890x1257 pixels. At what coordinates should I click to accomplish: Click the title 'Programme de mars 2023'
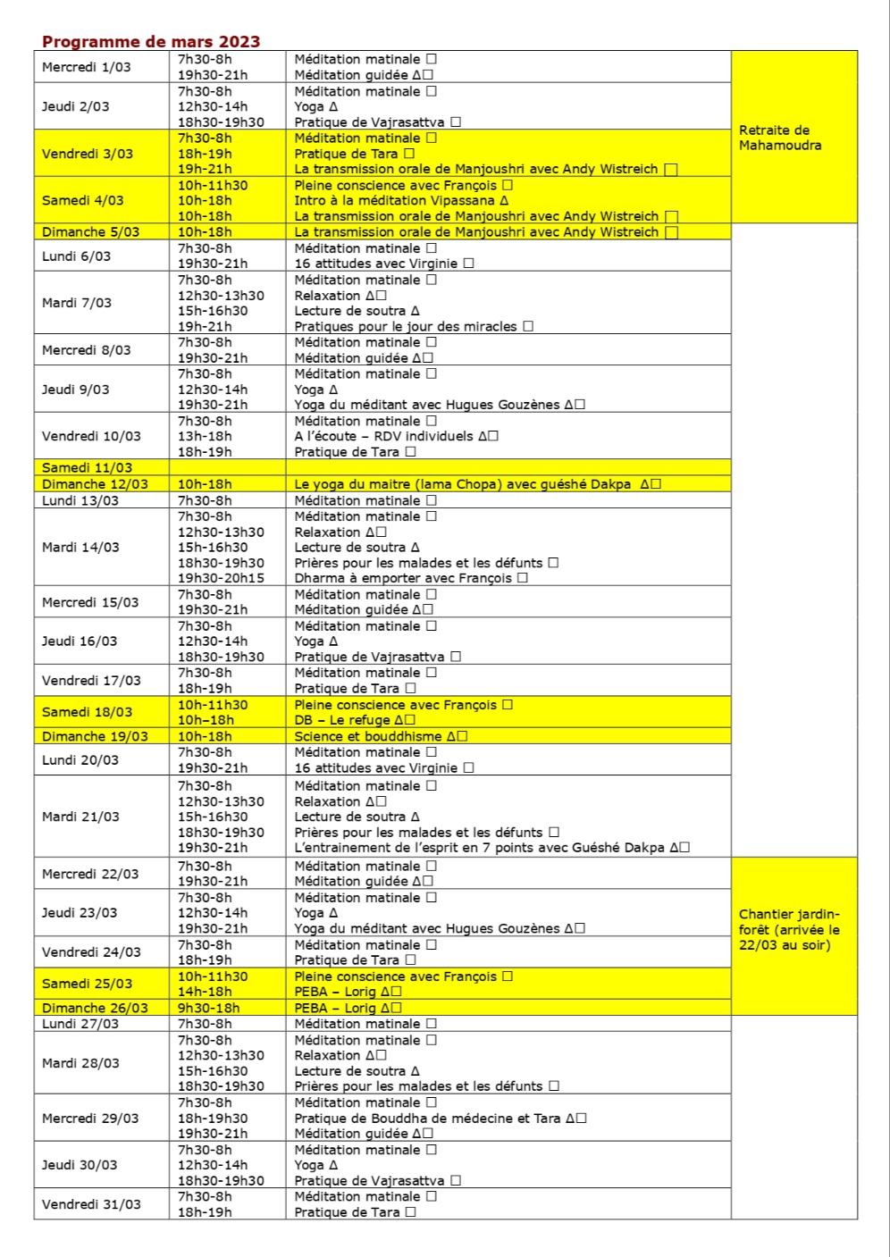tap(151, 42)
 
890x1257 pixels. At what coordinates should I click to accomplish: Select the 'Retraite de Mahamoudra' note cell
tap(780, 138)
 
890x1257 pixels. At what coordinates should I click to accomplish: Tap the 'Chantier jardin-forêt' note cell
tap(789, 930)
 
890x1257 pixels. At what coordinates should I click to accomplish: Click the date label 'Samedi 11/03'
tap(87, 468)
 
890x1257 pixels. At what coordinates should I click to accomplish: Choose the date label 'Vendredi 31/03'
tap(91, 1204)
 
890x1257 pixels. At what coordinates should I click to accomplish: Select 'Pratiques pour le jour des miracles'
tap(406, 327)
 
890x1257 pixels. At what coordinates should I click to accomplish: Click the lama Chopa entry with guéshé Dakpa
tap(465, 484)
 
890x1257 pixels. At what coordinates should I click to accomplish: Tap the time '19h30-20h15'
tap(221, 578)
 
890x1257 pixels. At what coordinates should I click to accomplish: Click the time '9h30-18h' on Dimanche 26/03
tap(208, 1008)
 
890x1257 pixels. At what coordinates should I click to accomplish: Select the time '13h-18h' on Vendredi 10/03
tap(205, 437)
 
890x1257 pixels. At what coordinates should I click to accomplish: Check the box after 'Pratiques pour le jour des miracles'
tap(528, 327)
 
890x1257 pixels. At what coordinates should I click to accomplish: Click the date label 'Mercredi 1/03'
tap(86, 67)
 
